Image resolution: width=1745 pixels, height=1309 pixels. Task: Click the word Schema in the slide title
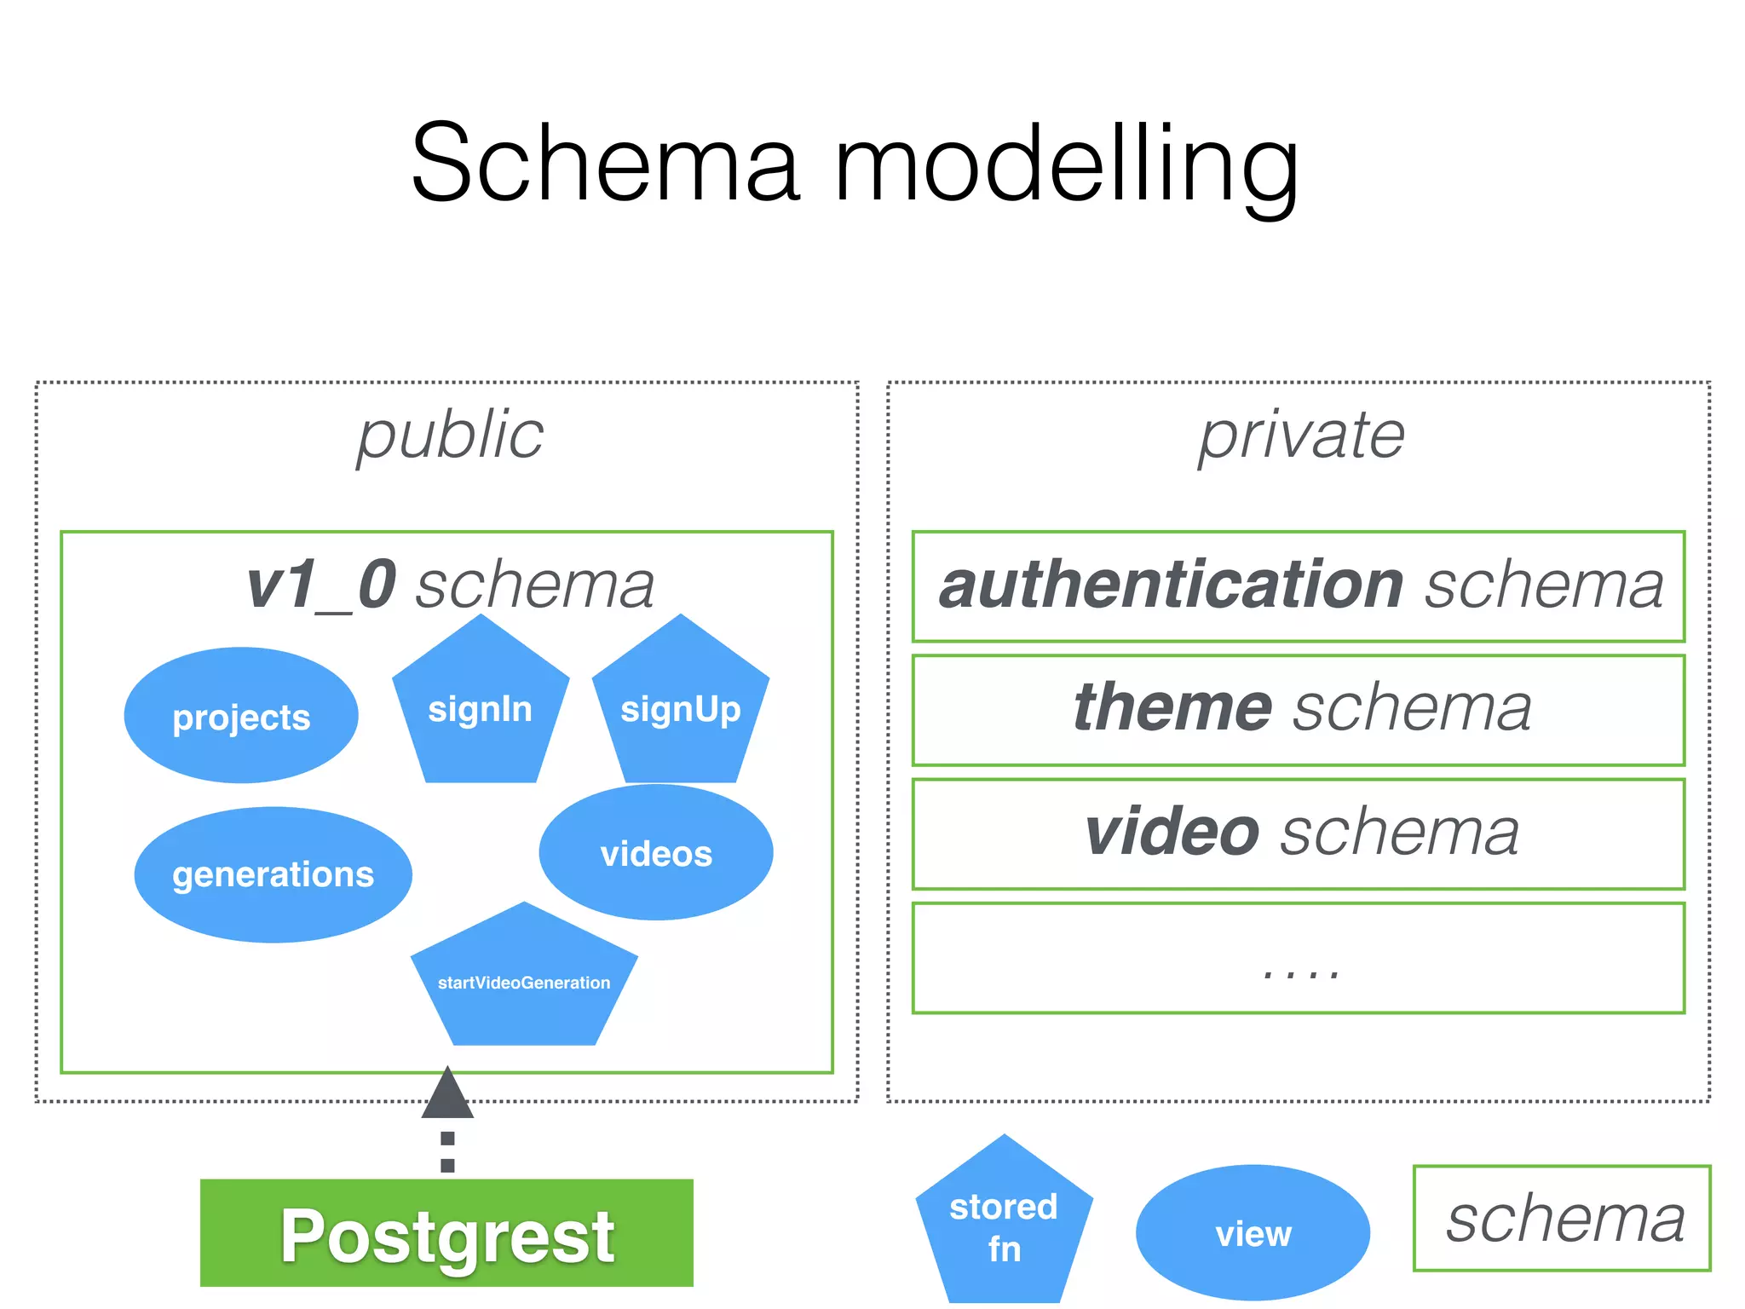click(x=605, y=164)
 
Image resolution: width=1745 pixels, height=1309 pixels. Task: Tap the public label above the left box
click(x=450, y=436)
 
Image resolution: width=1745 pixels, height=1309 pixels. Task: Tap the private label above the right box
click(x=1301, y=436)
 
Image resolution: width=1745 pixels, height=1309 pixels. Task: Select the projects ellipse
click(x=241, y=716)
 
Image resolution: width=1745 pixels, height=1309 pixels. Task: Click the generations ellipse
click(x=273, y=874)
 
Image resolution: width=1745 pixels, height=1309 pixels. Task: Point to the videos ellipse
click(x=656, y=853)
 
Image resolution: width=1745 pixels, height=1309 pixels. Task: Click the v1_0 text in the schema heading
click(x=322, y=585)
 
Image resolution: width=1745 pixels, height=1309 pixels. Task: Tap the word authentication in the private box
click(x=1171, y=585)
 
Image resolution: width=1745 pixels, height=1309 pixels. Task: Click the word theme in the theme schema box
click(x=1172, y=708)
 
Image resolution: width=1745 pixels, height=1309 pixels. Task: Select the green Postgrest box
click(x=446, y=1233)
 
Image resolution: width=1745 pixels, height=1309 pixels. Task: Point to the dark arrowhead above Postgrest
click(x=447, y=1095)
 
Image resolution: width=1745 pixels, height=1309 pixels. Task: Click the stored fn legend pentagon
click(x=1004, y=1227)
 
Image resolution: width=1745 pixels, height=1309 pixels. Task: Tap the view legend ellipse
click(x=1253, y=1233)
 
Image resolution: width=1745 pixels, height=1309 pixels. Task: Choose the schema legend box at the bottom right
click(x=1562, y=1219)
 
